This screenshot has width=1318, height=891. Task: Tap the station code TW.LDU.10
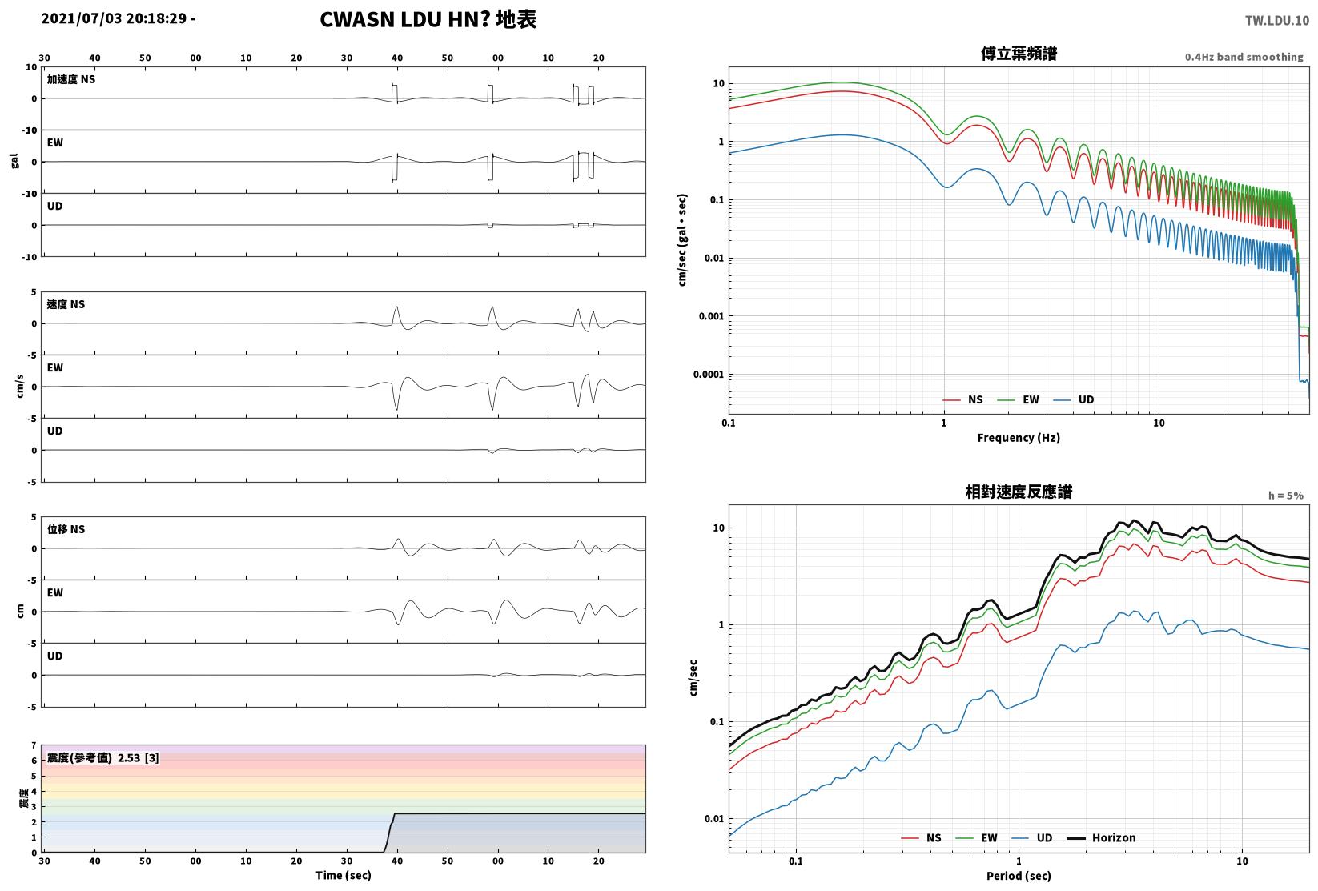[1277, 21]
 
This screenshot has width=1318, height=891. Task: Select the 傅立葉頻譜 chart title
[1019, 54]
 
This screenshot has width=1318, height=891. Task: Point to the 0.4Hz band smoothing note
[1244, 57]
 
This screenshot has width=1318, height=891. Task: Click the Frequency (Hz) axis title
[1019, 438]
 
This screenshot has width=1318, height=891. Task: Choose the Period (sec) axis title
[1019, 876]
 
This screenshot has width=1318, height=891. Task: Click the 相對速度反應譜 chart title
[1019, 492]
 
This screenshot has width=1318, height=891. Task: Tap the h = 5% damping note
[1286, 496]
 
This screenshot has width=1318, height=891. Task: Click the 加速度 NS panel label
[71, 79]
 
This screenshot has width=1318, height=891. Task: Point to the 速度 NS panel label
[66, 305]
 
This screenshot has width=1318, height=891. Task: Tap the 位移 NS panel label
[66, 529]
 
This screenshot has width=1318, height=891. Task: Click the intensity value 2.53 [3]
[139, 757]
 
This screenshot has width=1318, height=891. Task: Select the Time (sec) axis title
[344, 875]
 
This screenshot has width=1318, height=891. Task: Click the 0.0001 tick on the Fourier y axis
[709, 375]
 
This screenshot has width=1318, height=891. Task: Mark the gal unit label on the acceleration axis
[14, 161]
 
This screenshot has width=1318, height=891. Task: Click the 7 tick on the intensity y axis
[34, 745]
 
